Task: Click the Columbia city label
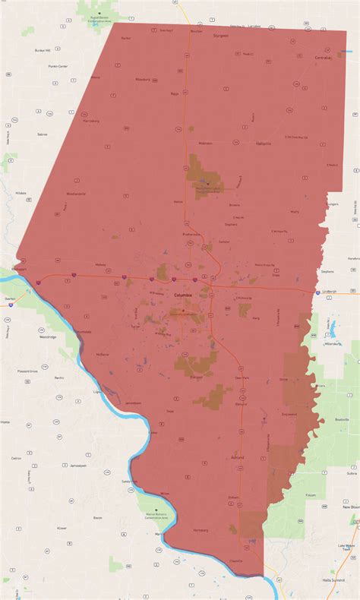coord(183,294)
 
